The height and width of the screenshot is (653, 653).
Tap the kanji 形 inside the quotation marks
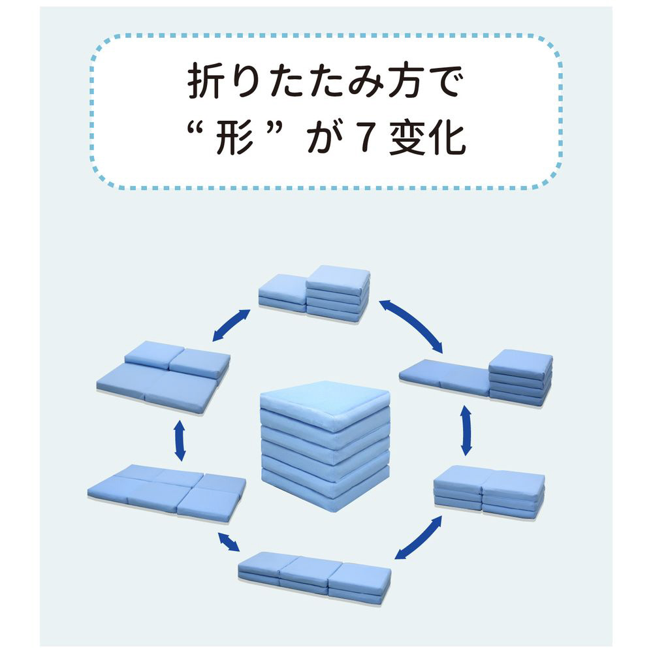point(234,137)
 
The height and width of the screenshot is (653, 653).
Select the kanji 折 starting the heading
point(204,82)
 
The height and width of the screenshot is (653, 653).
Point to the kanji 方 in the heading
point(406,82)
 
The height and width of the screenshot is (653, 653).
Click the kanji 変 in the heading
point(407,138)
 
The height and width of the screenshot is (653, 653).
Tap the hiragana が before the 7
point(325,138)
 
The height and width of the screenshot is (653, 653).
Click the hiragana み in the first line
point(366,82)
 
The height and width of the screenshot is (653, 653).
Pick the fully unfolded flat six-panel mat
point(167,488)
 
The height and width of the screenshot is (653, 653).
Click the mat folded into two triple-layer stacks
point(489,492)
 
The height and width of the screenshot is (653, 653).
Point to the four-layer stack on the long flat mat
point(520,377)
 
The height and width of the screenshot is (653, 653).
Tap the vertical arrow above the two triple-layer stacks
point(466,430)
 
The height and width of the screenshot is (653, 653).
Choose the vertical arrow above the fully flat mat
point(180,441)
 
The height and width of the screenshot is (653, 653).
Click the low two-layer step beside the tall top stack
point(282,293)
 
